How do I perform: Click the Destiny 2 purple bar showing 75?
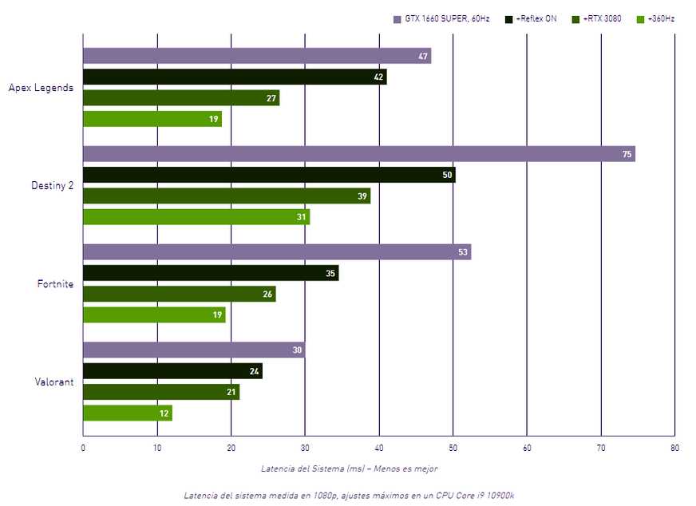[358, 154]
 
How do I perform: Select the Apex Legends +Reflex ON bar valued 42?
[235, 77]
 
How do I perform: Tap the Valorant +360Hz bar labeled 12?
[128, 413]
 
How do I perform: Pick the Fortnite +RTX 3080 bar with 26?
[180, 294]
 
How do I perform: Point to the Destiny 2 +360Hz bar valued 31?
[196, 217]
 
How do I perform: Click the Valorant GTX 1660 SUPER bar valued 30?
[194, 350]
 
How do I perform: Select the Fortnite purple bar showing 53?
[277, 252]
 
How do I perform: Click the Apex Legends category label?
[41, 88]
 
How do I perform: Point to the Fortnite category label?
[55, 283]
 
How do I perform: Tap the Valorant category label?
[55, 381]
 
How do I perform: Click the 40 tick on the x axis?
[379, 448]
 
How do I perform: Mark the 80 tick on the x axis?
[674, 448]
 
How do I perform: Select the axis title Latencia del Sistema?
[349, 468]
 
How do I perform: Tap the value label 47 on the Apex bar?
[423, 57]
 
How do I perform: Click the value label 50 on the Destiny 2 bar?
[447, 175]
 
